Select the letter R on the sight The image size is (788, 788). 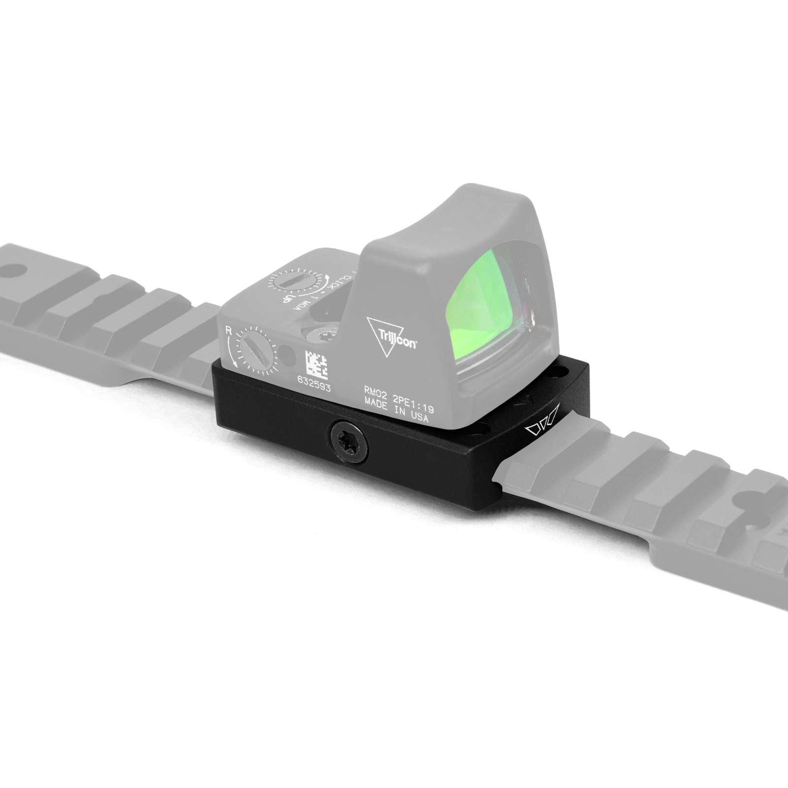[x=228, y=330]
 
